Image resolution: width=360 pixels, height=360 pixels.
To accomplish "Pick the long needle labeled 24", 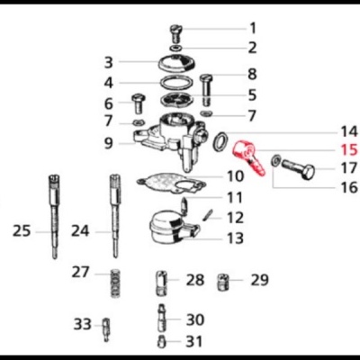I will click(115, 216).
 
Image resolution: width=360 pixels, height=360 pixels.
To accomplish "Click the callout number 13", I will click(234, 238).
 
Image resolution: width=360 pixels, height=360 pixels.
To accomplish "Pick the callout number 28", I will click(195, 280).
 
